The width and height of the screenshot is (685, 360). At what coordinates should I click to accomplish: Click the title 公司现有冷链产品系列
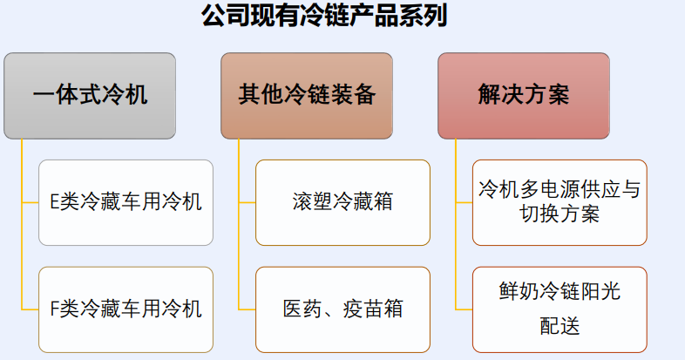[x=324, y=16]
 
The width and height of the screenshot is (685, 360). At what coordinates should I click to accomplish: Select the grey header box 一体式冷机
[x=90, y=96]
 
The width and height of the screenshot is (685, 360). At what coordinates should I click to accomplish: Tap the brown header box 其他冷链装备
[x=307, y=96]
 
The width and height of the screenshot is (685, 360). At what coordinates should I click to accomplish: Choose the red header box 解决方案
[x=524, y=96]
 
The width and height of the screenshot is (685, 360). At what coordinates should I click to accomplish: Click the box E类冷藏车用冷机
[x=125, y=202]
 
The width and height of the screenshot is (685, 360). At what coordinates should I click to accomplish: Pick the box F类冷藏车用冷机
[x=125, y=309]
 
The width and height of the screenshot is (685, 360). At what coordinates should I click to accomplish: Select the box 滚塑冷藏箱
[x=342, y=202]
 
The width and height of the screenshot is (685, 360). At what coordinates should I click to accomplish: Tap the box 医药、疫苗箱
[x=342, y=309]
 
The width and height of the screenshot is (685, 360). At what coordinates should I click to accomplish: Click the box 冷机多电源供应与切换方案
[x=560, y=202]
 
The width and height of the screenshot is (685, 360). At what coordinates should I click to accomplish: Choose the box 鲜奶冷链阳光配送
[x=560, y=309]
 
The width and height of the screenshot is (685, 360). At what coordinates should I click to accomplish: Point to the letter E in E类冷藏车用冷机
[x=55, y=202]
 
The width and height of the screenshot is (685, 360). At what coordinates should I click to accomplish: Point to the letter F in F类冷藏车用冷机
[x=55, y=309]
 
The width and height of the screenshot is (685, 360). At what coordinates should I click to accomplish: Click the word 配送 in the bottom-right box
[x=560, y=326]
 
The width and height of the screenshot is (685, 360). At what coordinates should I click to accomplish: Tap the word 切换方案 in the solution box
[x=560, y=214]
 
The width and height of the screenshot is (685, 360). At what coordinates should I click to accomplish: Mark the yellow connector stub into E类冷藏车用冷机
[x=30, y=203]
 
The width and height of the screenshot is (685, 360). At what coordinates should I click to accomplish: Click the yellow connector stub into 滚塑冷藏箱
[x=247, y=203]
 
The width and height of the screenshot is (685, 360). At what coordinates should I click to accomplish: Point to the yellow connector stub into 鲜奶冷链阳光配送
[x=464, y=309]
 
